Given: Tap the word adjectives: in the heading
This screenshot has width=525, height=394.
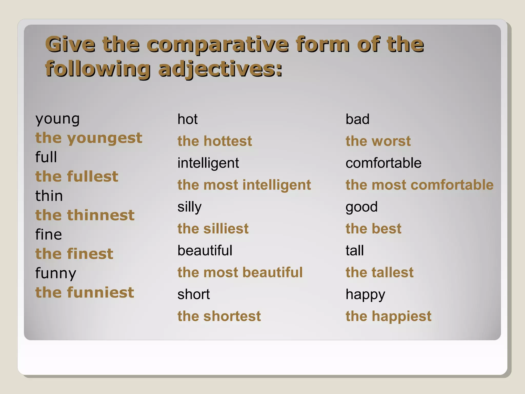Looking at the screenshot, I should coord(220,69).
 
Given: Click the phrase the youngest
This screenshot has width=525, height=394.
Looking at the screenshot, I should coord(89,138).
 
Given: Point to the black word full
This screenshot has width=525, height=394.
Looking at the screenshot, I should coord(46,157).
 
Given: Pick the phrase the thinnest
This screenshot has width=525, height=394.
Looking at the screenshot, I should coord(85,215).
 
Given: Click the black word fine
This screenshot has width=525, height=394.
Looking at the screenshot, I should coord(49,234).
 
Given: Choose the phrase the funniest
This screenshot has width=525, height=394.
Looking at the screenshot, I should coord(85,292).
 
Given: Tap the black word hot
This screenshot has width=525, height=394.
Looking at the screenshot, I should coord(187,119).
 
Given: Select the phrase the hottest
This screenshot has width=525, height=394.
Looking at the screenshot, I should coord(215,141).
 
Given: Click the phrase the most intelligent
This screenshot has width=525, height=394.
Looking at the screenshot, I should coord(244,185).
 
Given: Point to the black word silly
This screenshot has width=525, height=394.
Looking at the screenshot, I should coord(189,207).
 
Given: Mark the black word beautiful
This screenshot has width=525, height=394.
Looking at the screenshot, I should coord(205,251).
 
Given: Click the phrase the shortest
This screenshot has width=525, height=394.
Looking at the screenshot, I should coord(219,316).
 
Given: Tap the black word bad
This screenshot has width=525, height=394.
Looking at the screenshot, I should coord(357,119).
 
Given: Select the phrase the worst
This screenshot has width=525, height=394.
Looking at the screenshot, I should coord(378,141).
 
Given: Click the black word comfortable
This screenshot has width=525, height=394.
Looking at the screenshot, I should coord(383,163).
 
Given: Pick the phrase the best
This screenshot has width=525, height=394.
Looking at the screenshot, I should coord(373,229).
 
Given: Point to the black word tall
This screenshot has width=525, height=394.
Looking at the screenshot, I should coord(355,251).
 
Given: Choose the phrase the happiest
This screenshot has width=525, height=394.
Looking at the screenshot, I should coord(388,316).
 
